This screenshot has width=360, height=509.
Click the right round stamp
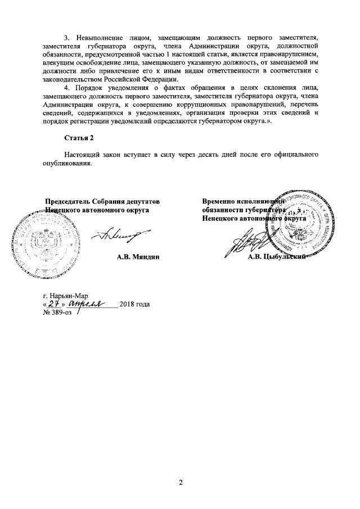[300, 226]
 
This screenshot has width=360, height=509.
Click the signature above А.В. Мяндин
[127, 235]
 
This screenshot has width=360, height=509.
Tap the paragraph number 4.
[66, 88]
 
